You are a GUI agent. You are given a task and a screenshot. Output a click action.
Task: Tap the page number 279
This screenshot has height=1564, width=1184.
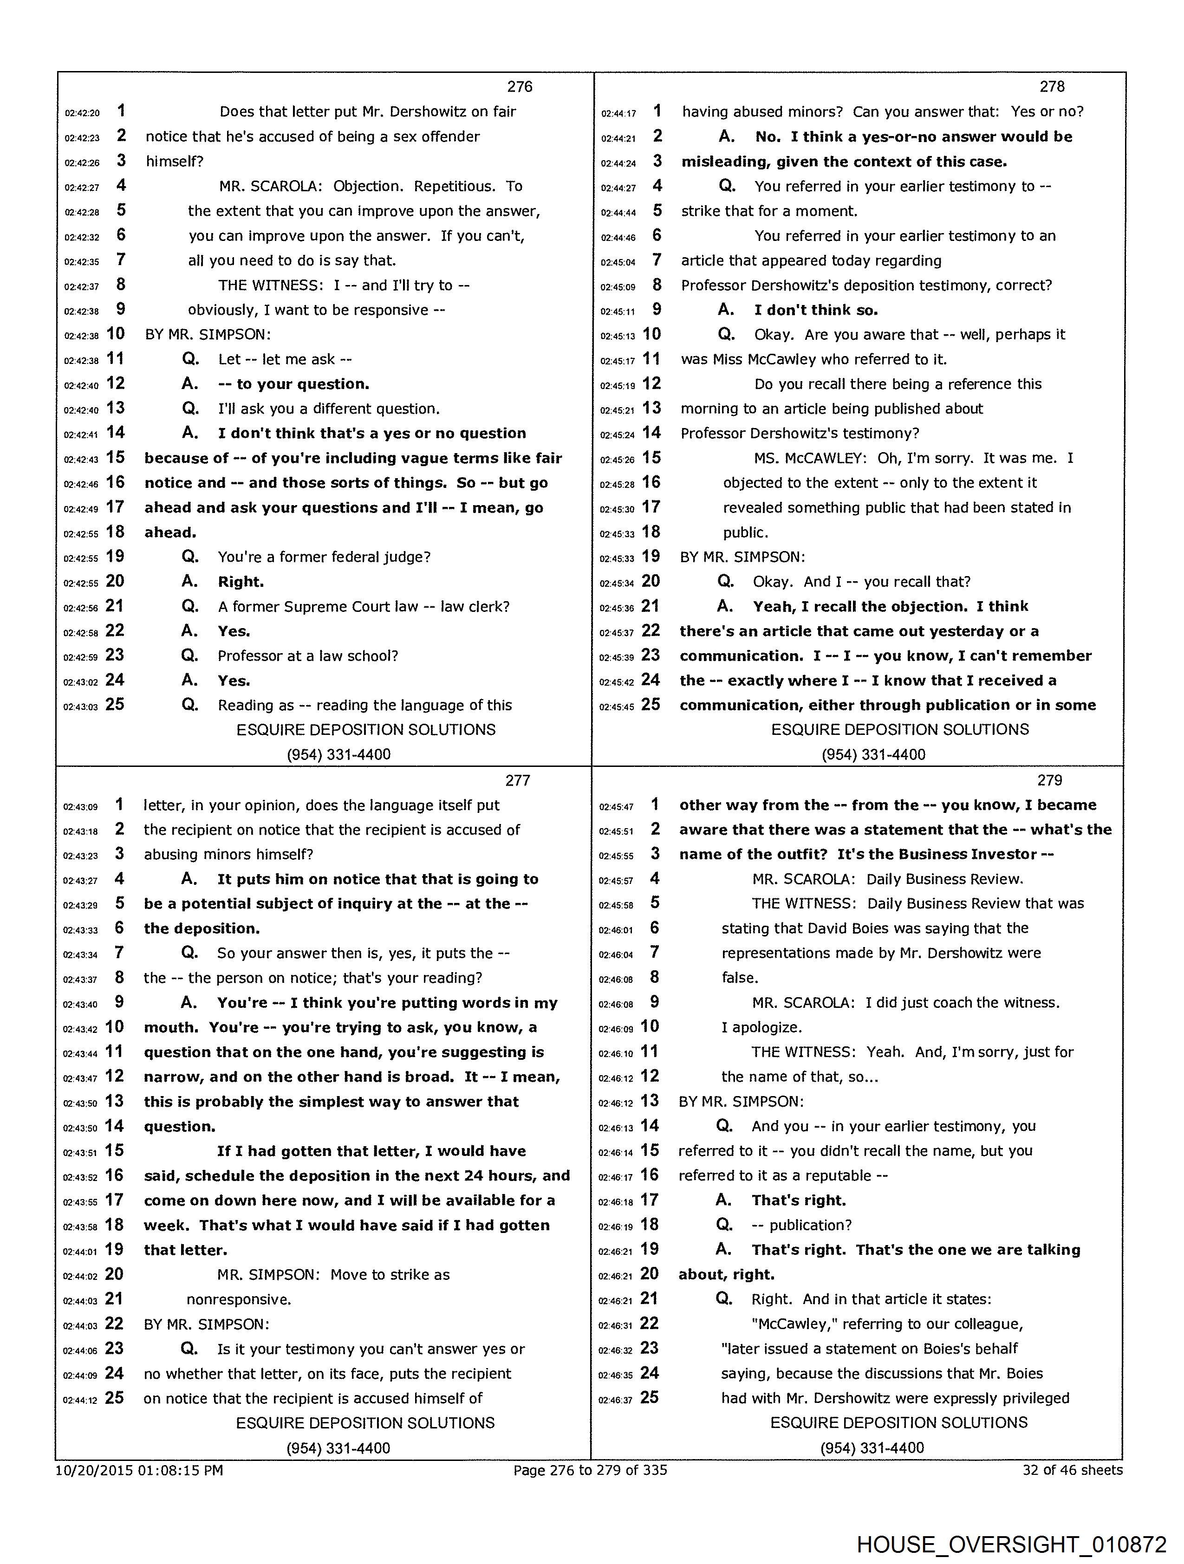click(x=1050, y=780)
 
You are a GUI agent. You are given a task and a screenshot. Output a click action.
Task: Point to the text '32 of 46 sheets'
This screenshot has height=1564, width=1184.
click(x=1072, y=1470)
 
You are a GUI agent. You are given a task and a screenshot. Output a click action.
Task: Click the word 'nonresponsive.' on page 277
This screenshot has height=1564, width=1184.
click(x=239, y=1299)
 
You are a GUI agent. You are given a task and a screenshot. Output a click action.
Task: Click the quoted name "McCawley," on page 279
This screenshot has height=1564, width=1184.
click(x=792, y=1324)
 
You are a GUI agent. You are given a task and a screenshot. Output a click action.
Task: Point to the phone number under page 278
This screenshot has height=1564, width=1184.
click(x=873, y=754)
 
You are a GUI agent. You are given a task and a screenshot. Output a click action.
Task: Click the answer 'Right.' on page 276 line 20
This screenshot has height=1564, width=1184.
click(x=241, y=582)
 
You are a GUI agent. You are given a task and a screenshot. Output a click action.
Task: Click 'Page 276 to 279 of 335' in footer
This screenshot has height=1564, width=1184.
click(x=590, y=1470)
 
